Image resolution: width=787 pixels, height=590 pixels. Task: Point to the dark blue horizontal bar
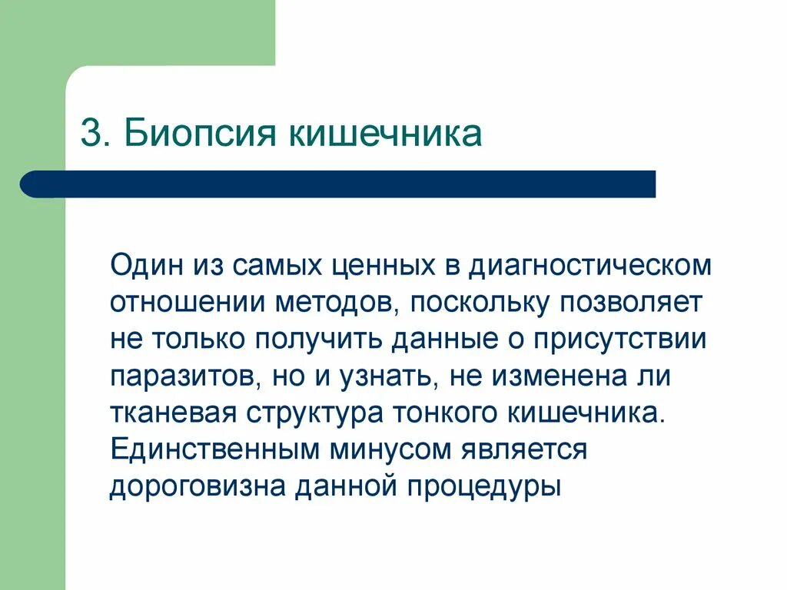click(x=338, y=184)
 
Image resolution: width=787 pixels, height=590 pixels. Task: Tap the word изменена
click(x=556, y=376)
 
